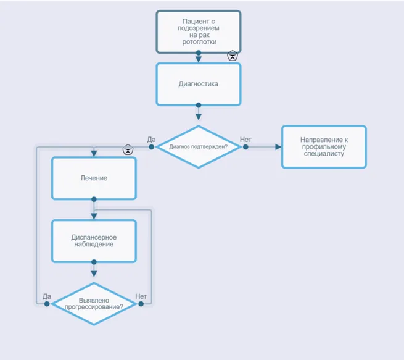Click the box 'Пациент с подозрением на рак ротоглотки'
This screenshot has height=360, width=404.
tap(199, 31)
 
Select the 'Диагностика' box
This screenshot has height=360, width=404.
tap(199, 84)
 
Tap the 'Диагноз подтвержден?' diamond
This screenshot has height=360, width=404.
tap(199, 147)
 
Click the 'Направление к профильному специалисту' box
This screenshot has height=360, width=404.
tap(324, 147)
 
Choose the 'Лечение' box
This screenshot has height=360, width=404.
tap(94, 178)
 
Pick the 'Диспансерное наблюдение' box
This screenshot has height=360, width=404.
tap(94, 241)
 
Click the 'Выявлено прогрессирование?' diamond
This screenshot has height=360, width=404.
tap(94, 304)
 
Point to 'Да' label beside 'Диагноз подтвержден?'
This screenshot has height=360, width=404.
tap(151, 140)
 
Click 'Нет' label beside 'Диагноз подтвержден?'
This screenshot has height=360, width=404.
tap(245, 140)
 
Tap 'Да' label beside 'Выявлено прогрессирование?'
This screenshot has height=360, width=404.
tap(47, 296)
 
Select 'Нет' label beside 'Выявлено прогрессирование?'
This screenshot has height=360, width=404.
tap(141, 296)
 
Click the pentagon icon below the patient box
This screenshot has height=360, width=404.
tap(233, 56)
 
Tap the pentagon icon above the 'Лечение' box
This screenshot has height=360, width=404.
tap(128, 150)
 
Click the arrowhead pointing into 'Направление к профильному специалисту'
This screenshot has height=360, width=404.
tap(278, 147)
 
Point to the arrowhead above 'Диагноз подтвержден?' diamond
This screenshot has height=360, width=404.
tap(199, 117)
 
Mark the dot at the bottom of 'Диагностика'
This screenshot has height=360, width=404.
tap(199, 105)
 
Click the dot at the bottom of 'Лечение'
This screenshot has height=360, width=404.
tap(94, 199)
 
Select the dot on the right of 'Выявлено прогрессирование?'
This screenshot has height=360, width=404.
tap(141, 304)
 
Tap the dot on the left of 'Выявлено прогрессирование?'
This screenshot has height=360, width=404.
tap(47, 304)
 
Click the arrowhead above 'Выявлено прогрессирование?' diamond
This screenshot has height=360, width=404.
tap(94, 274)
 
